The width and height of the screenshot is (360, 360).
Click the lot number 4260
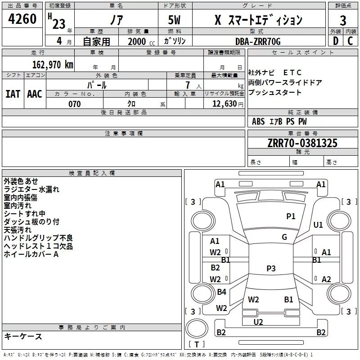click(22, 19)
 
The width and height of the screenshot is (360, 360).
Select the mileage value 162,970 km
click(53, 65)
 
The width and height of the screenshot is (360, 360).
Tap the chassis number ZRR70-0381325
click(302, 143)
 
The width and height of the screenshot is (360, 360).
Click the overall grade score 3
click(343, 21)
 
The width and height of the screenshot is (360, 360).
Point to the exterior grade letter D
click(336, 41)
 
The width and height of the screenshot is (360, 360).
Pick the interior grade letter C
click(350, 41)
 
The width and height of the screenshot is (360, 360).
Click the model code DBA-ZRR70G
click(258, 41)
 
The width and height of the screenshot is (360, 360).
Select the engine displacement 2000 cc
click(141, 41)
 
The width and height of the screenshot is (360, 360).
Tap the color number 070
click(75, 104)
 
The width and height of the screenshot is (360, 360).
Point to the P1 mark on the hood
click(291, 216)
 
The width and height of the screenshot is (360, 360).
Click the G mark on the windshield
click(284, 237)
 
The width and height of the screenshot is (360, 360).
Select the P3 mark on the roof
click(271, 268)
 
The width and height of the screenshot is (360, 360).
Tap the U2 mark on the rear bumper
click(258, 322)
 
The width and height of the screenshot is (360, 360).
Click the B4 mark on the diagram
click(221, 292)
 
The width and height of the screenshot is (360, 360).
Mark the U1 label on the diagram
click(318, 225)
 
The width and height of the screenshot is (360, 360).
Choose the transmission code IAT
click(13, 94)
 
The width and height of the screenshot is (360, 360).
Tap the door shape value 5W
click(174, 20)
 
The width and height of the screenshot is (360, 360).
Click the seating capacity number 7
click(188, 85)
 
